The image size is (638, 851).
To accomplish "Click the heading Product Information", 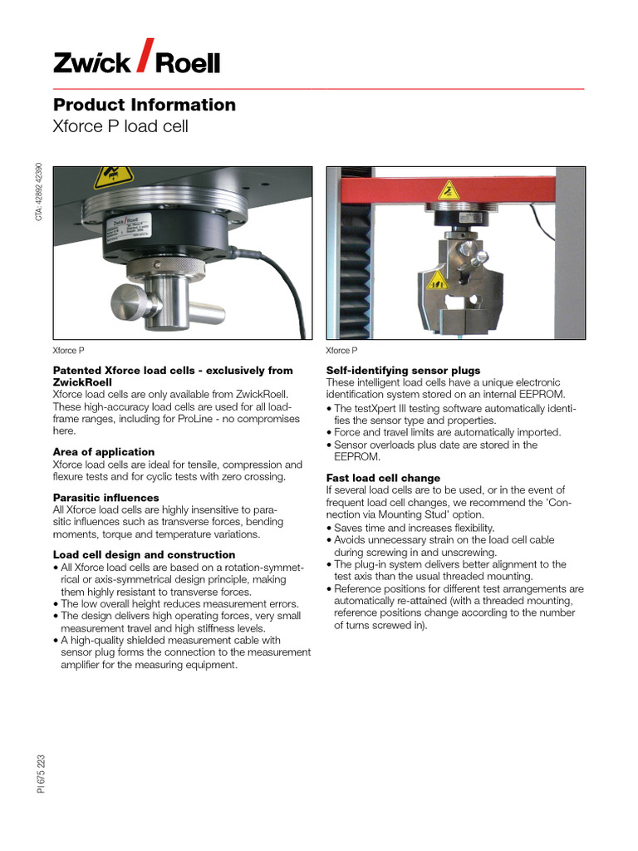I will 145,105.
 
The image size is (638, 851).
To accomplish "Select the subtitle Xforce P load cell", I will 120,127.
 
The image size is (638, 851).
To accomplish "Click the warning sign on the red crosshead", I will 449,190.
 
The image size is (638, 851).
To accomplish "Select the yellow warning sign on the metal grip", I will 437,280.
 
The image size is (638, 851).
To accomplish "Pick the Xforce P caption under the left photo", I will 68,351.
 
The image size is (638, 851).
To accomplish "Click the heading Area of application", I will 104,452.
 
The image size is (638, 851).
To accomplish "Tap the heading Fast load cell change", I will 383,479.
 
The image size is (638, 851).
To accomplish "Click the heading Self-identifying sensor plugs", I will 403,371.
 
